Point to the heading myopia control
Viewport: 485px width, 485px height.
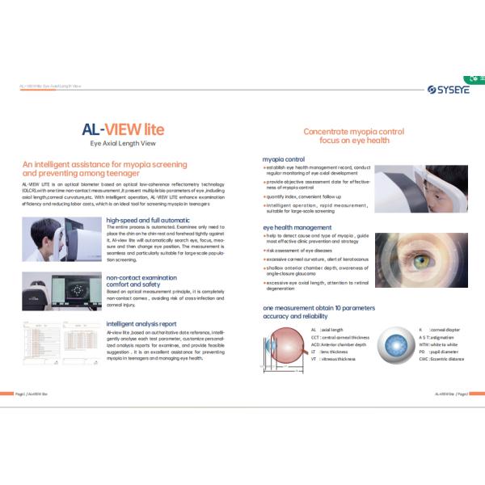(x=284, y=159)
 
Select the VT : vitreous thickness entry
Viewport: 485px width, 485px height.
(x=332, y=359)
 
